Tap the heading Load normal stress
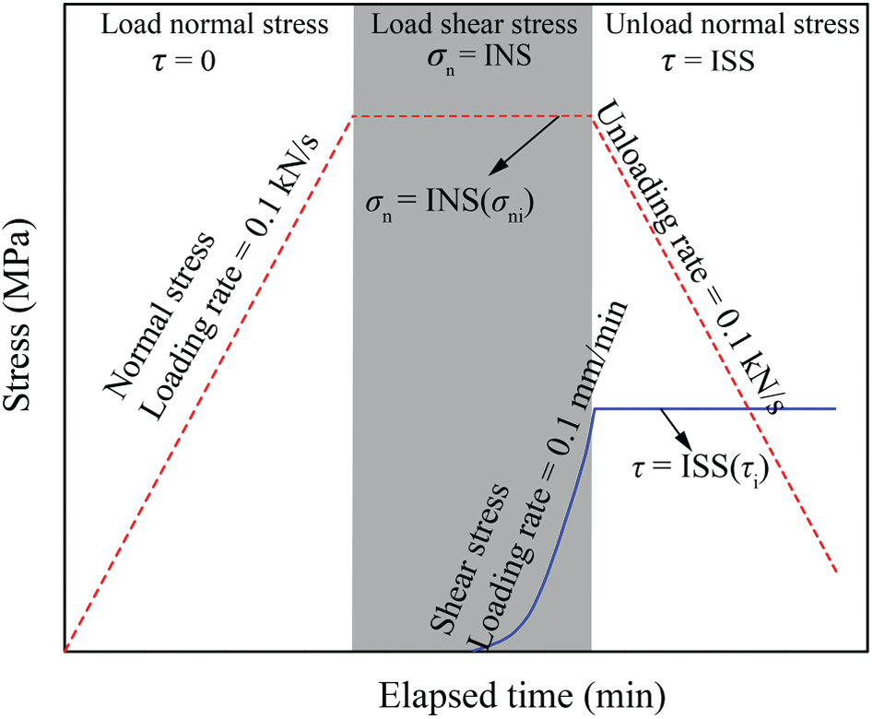(x=214, y=25)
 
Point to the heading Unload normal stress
(x=732, y=25)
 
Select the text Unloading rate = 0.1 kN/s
(x=691, y=263)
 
